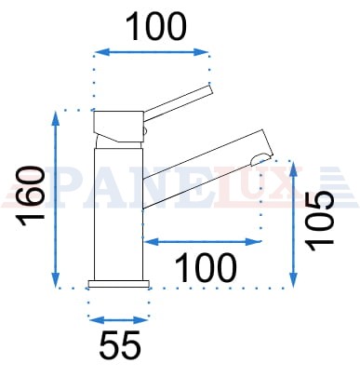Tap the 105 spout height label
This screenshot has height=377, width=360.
(x=320, y=221)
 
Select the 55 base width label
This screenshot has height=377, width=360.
(x=120, y=345)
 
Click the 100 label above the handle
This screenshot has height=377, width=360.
(x=156, y=26)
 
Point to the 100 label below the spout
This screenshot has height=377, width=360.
(x=206, y=267)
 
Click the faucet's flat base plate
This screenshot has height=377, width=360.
(x=119, y=284)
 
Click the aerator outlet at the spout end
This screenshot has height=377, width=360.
(x=260, y=158)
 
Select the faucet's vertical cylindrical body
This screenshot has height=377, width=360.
(x=118, y=214)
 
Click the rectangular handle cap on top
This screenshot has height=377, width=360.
(x=119, y=122)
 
